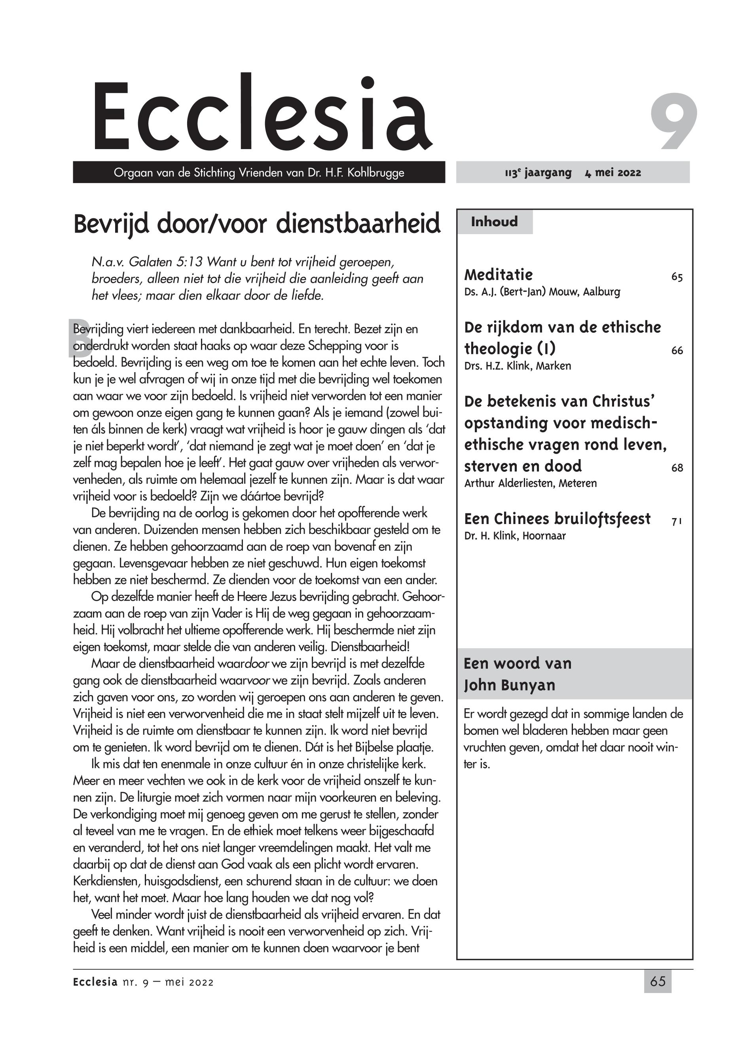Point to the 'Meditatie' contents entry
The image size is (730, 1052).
(498, 275)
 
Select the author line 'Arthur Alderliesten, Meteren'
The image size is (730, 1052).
(530, 483)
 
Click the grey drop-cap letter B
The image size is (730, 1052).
(79, 338)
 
